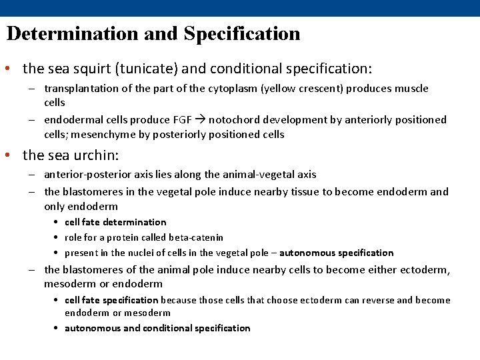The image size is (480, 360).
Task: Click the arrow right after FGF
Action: pyautogui.click(x=199, y=120)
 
